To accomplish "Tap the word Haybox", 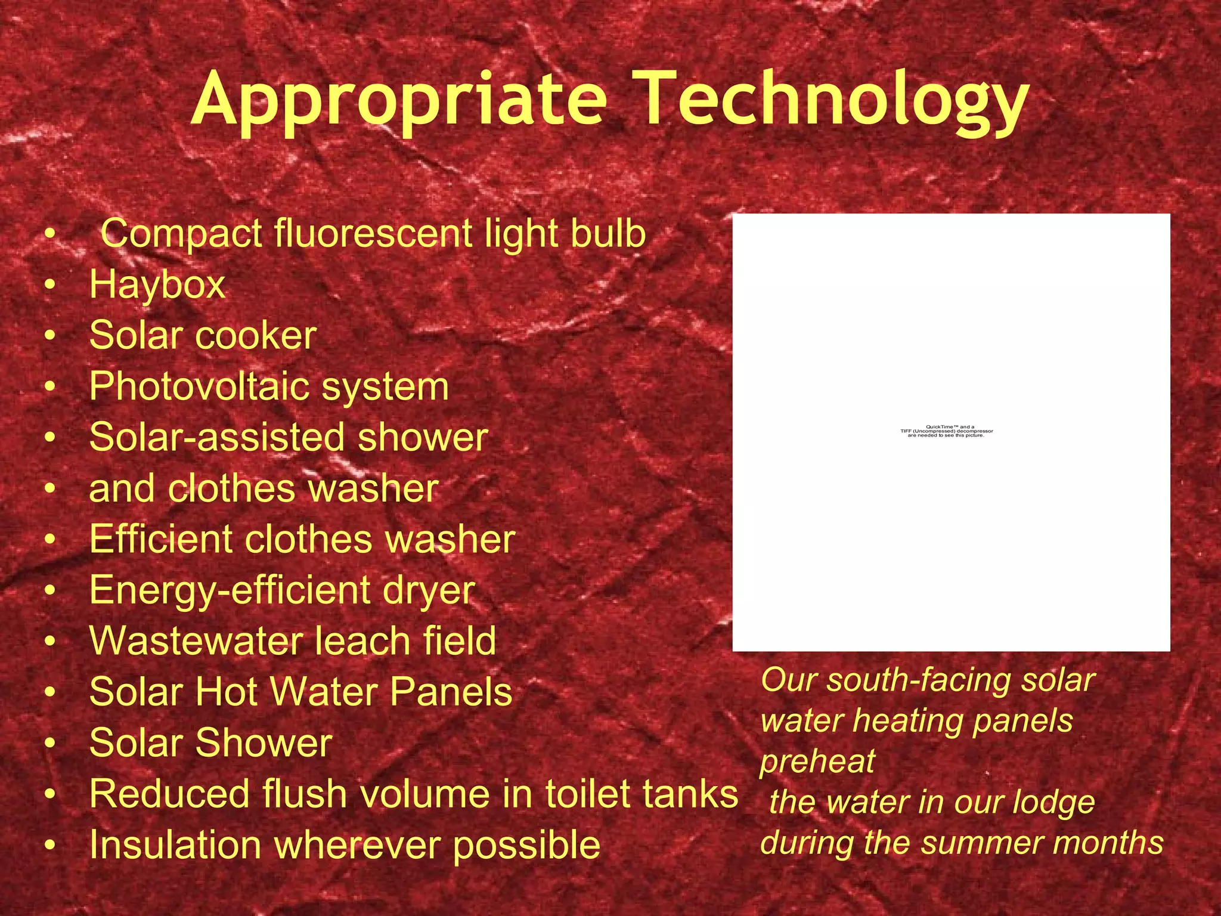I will pos(157,284).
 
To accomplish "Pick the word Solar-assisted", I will pos(218,437).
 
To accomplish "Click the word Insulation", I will pos(175,845).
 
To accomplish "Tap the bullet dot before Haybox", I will pos(51,286).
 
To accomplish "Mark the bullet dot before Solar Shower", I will pos(51,745).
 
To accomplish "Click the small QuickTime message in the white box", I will pos(946,431).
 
